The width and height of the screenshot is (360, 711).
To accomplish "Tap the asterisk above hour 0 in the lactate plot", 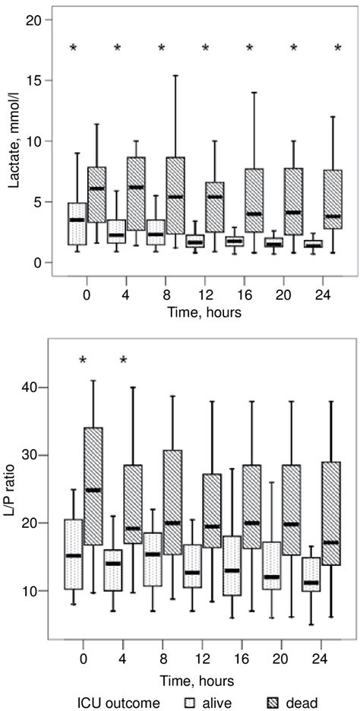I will (x=74, y=49).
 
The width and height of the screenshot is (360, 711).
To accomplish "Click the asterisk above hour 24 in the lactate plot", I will (x=338, y=49).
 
